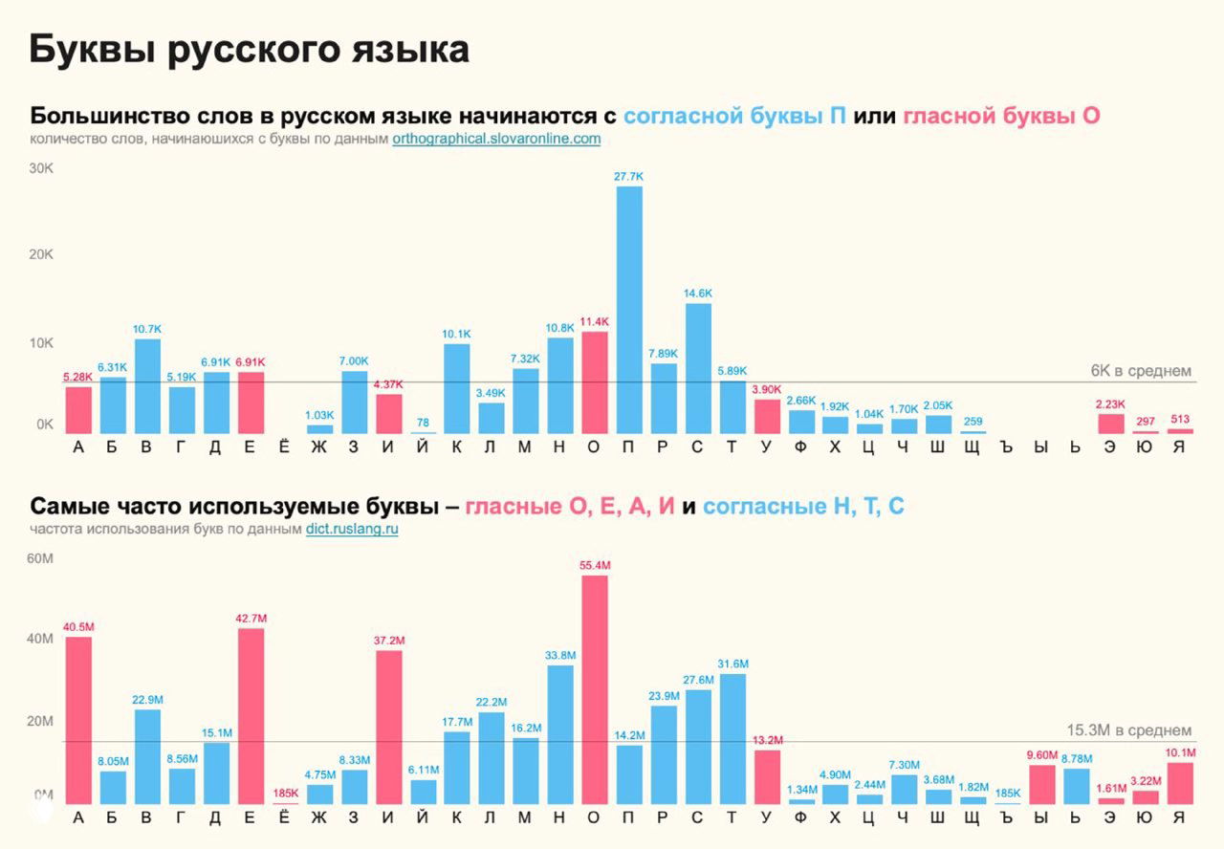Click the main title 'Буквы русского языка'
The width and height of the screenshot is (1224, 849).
coord(249,50)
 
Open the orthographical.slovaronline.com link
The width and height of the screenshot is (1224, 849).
coord(496,139)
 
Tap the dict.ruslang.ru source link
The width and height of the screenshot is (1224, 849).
coord(352,529)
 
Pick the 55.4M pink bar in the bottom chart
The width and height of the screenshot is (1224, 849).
coord(595,688)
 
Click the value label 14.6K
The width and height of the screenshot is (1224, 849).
coord(698,293)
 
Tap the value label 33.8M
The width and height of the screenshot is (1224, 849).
coord(560,655)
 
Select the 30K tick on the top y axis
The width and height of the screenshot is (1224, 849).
coord(41,168)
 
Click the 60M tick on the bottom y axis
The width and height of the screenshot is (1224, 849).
coord(41,557)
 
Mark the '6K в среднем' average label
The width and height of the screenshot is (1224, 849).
coord(1141,371)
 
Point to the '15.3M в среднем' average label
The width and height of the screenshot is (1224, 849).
coord(1129,730)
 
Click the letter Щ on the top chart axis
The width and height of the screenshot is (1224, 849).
coord(972,447)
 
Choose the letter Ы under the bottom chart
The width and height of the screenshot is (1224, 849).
coord(1041,817)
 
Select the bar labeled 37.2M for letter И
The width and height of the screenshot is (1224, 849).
coord(388,727)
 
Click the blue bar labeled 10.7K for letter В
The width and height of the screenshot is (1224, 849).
coord(147,386)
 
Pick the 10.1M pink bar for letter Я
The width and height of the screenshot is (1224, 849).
coord(1180,783)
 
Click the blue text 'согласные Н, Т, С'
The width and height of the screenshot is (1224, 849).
coord(803,507)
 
